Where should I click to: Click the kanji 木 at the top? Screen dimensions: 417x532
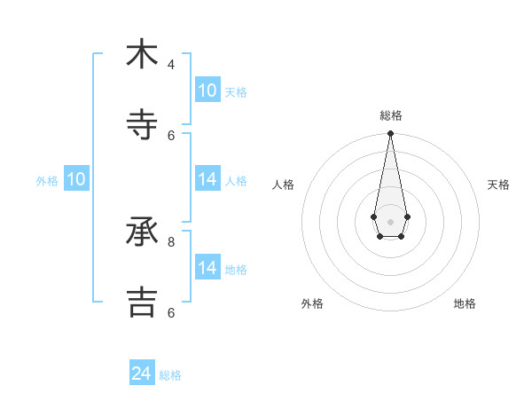142,54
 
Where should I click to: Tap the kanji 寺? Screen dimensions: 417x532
142,124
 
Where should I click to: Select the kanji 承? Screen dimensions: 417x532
142,232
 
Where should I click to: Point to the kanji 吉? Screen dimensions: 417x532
142,302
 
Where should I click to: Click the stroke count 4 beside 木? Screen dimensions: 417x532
171,65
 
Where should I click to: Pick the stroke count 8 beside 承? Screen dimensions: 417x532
171,241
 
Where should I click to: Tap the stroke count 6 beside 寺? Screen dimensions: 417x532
171,135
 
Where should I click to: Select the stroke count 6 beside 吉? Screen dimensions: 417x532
171,312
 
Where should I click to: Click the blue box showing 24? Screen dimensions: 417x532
142,374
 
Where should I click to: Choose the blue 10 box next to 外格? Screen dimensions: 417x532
76,179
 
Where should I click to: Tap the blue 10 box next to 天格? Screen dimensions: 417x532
207,90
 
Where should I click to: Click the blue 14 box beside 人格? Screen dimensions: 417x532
207,179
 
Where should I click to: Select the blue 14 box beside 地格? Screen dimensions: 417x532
207,268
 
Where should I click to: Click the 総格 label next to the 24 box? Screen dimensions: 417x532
170,375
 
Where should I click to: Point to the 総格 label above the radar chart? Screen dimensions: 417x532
391,115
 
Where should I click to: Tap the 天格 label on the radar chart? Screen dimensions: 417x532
498,185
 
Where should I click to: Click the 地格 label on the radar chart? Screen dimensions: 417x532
465,303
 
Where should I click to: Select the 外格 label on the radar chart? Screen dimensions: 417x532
312,303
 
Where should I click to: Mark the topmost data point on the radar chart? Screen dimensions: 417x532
390,133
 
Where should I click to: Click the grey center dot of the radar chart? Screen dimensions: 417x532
390,221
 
